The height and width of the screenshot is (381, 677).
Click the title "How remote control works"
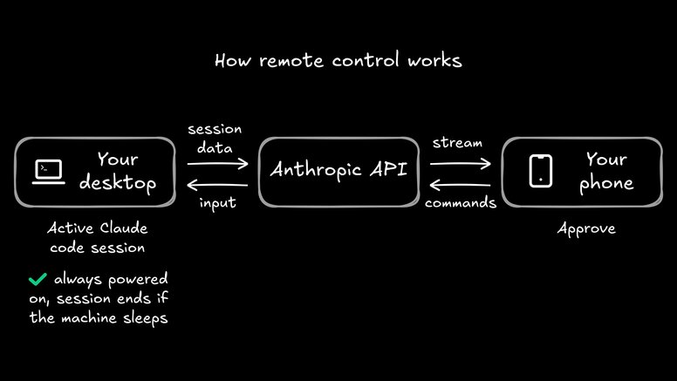tap(338, 62)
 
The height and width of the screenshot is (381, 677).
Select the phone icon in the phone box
tap(541, 171)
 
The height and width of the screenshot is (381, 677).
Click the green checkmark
tap(38, 280)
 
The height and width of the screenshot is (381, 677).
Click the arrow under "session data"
tap(218, 162)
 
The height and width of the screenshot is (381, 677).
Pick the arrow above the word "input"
tap(218, 184)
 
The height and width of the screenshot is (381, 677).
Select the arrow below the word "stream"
tap(460, 162)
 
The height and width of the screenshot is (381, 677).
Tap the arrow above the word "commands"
tap(460, 184)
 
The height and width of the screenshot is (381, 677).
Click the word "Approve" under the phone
tap(586, 229)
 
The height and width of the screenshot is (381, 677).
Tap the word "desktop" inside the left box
tap(117, 184)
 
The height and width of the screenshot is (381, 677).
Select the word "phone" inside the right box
tap(605, 184)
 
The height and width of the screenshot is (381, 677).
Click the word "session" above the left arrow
tap(215, 129)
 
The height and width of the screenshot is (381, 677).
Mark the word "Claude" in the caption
tap(122, 229)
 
